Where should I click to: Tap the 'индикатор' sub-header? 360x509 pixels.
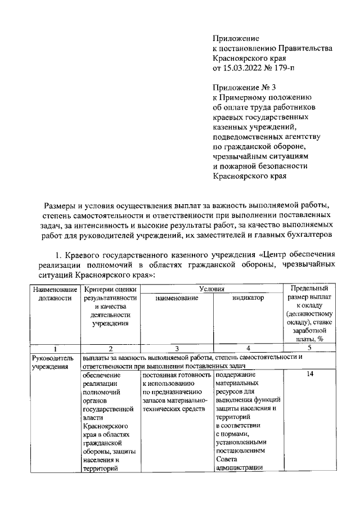point(247,298)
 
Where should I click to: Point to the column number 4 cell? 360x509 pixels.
point(247,348)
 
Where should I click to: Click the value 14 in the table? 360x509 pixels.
point(309,374)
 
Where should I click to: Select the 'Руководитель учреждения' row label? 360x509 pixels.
point(55,362)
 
